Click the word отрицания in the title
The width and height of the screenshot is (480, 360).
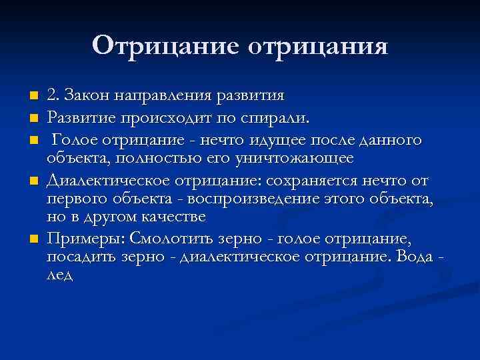coord(317,47)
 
